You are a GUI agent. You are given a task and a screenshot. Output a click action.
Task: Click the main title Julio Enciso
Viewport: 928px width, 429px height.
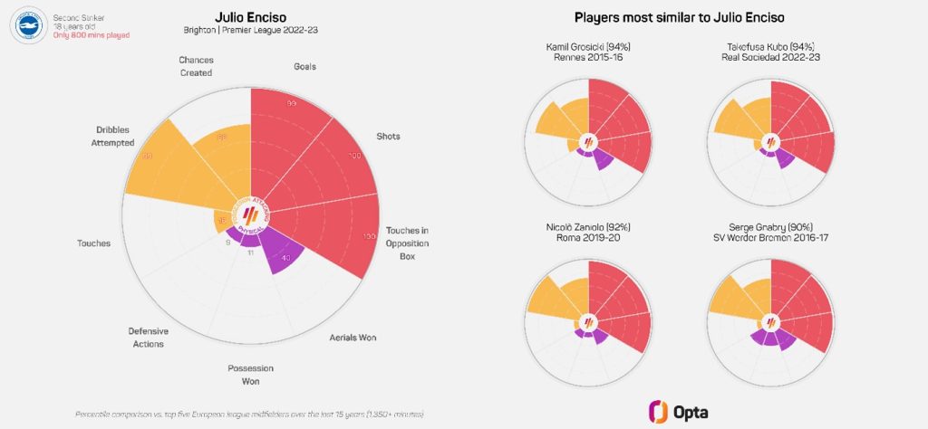[250, 17]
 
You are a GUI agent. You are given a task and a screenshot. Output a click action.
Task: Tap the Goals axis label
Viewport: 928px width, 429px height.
[304, 66]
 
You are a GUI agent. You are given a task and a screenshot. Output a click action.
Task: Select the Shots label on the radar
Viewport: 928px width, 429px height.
[388, 137]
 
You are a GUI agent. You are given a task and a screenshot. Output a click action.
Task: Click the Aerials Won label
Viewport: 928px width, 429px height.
[352, 338]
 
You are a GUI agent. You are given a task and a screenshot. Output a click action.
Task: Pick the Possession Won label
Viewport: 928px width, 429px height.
[250, 374]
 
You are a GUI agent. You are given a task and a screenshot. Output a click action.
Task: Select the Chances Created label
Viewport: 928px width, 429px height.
[196, 66]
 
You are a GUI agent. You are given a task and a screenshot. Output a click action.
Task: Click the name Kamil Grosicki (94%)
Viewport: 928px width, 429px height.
[588, 46]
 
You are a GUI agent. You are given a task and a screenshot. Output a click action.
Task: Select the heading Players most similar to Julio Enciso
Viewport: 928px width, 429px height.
[679, 17]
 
